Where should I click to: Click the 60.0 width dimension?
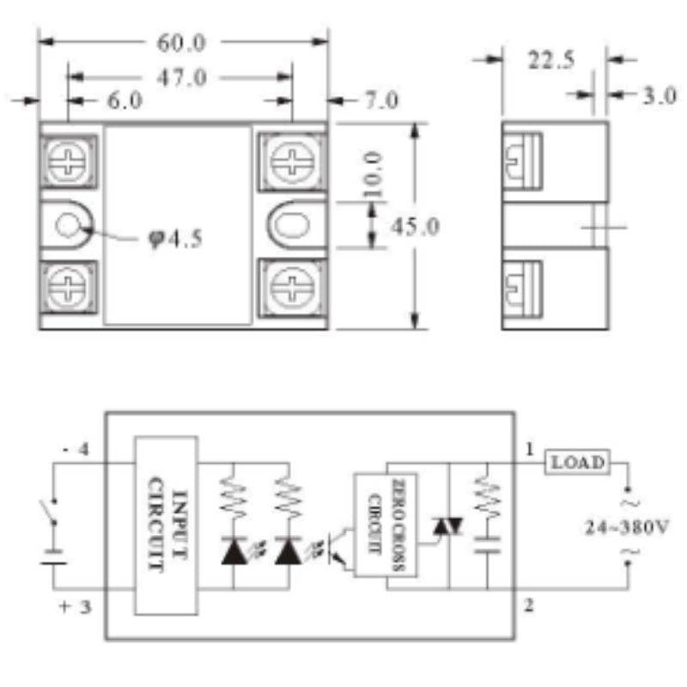coord(181,43)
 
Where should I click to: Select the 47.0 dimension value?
coord(181,78)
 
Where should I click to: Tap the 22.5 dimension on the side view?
coord(550,60)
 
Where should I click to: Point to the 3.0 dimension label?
coord(660,95)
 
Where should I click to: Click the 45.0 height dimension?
coord(415,227)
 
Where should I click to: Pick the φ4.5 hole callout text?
coord(175,240)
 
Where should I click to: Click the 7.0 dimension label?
coord(381,100)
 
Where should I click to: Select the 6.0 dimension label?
coord(125,100)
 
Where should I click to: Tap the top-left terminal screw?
coord(67,161)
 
